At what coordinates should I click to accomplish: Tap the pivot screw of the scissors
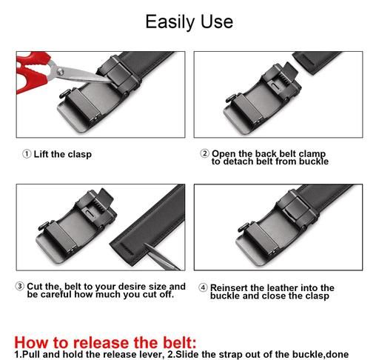[x=60, y=72]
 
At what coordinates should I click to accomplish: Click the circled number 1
[x=27, y=154]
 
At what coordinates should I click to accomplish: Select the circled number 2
[x=204, y=153]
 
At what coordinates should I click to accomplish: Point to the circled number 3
[x=20, y=287]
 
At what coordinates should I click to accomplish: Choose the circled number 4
[x=203, y=287]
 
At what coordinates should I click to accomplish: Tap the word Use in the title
[x=217, y=21]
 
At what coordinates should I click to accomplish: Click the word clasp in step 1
[x=80, y=155]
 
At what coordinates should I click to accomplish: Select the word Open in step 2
[x=224, y=154]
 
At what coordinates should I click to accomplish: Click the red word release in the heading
[x=101, y=343]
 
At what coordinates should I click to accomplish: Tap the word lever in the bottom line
[x=155, y=354]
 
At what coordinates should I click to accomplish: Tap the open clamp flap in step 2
[x=290, y=72]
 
